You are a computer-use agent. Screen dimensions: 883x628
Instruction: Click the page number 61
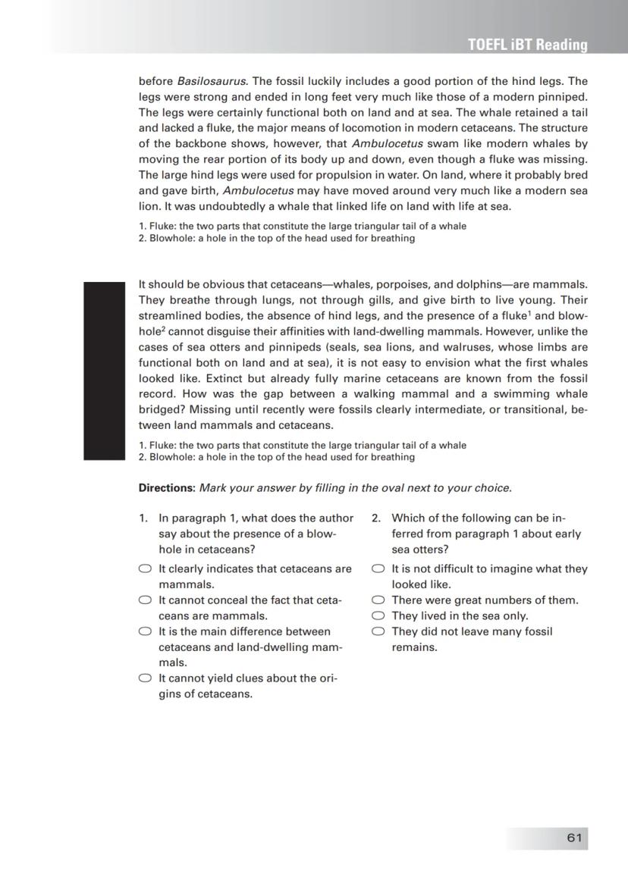coord(573,838)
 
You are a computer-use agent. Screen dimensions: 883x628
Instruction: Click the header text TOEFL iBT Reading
coord(528,45)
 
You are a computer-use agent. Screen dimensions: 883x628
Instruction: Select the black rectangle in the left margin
coord(103,371)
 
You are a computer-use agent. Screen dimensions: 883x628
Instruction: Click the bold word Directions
coord(167,488)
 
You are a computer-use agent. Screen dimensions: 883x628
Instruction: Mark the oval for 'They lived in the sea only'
coord(378,616)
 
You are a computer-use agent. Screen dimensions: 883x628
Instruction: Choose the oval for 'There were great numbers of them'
coord(378,600)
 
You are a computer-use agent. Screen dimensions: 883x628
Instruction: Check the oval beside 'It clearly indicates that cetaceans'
coord(145,569)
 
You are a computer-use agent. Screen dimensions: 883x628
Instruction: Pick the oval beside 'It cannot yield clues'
coord(145,678)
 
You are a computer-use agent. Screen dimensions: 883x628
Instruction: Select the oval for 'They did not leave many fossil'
coord(378,631)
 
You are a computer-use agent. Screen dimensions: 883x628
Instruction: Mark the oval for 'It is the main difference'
coord(145,631)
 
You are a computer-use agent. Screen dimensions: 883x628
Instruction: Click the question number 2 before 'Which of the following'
coord(375,518)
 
